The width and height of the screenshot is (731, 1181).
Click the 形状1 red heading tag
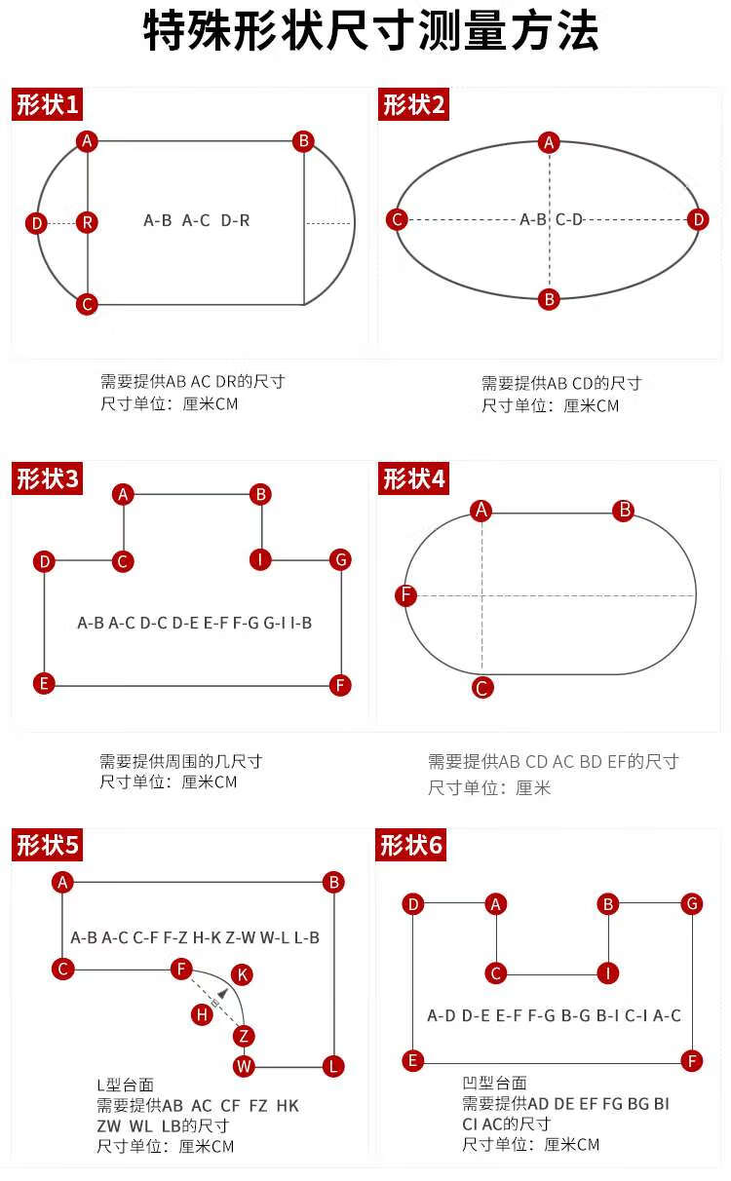47,104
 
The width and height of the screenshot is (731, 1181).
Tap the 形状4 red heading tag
413,478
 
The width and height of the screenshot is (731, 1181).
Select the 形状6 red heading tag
411,845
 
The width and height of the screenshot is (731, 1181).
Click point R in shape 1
87,222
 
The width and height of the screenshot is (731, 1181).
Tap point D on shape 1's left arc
36,223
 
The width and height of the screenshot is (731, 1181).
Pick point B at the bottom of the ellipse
549,299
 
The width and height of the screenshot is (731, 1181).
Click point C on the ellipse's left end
397,219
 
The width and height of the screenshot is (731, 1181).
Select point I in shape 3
260,559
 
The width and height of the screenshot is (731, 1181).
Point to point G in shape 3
341,559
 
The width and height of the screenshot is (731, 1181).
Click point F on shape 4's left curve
406,595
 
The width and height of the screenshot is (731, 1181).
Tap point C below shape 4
482,688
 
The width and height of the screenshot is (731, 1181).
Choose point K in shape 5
242,974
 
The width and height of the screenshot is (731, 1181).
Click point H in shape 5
202,1013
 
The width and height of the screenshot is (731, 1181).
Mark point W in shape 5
244,1066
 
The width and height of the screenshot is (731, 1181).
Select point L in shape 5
333,1066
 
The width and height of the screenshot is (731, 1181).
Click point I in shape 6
607,972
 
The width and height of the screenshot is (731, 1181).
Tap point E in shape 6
413,1060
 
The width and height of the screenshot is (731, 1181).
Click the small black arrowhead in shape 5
222,993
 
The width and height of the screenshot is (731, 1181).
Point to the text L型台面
126,1086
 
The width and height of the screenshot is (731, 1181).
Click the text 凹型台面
495,1083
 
